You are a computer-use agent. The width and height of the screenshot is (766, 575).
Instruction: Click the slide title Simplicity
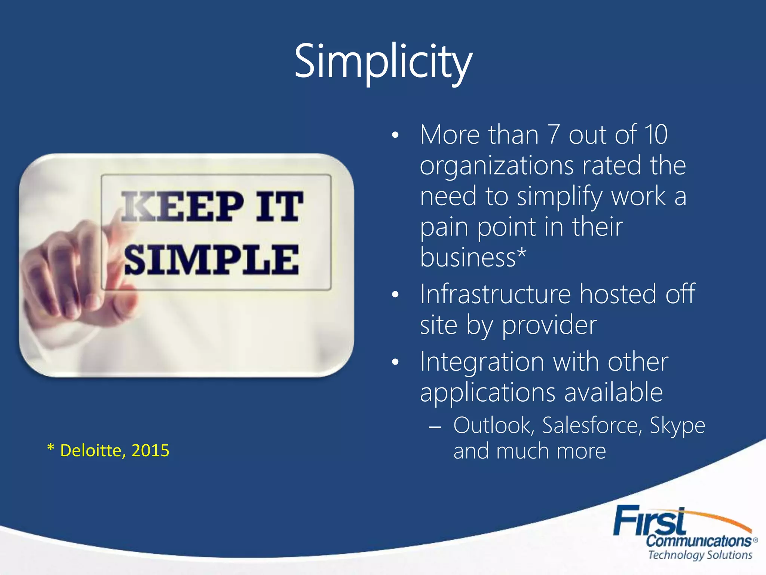click(383, 62)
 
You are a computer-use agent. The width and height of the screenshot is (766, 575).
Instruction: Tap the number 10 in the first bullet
click(656, 134)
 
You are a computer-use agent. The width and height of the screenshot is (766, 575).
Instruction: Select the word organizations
click(496, 165)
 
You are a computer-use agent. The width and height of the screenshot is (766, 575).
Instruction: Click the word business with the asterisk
click(472, 258)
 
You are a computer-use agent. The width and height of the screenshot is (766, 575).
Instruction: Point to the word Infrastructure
click(495, 294)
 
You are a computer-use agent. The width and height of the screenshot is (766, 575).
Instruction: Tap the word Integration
click(482, 362)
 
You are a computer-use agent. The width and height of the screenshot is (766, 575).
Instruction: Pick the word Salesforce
click(592, 426)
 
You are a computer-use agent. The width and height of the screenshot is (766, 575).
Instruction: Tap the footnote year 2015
click(150, 450)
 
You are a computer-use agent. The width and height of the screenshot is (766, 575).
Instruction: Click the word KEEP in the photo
click(182, 206)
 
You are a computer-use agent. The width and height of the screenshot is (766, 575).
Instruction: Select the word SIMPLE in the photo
click(211, 260)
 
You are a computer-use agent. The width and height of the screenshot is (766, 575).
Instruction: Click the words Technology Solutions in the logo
click(699, 555)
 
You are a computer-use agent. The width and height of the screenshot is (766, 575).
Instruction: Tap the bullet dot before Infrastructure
click(395, 295)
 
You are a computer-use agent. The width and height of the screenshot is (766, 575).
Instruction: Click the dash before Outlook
click(435, 427)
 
